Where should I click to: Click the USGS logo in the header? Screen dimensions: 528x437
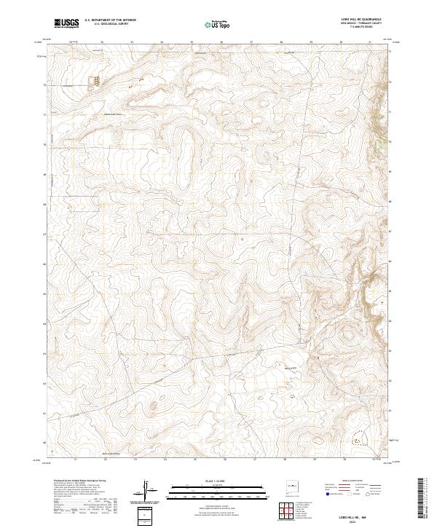pyautogui.click(x=67, y=23)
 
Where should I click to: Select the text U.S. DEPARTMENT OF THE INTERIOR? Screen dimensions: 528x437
pyautogui.click(x=110, y=20)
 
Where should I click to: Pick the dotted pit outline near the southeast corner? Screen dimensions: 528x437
pyautogui.click(x=357, y=439)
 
